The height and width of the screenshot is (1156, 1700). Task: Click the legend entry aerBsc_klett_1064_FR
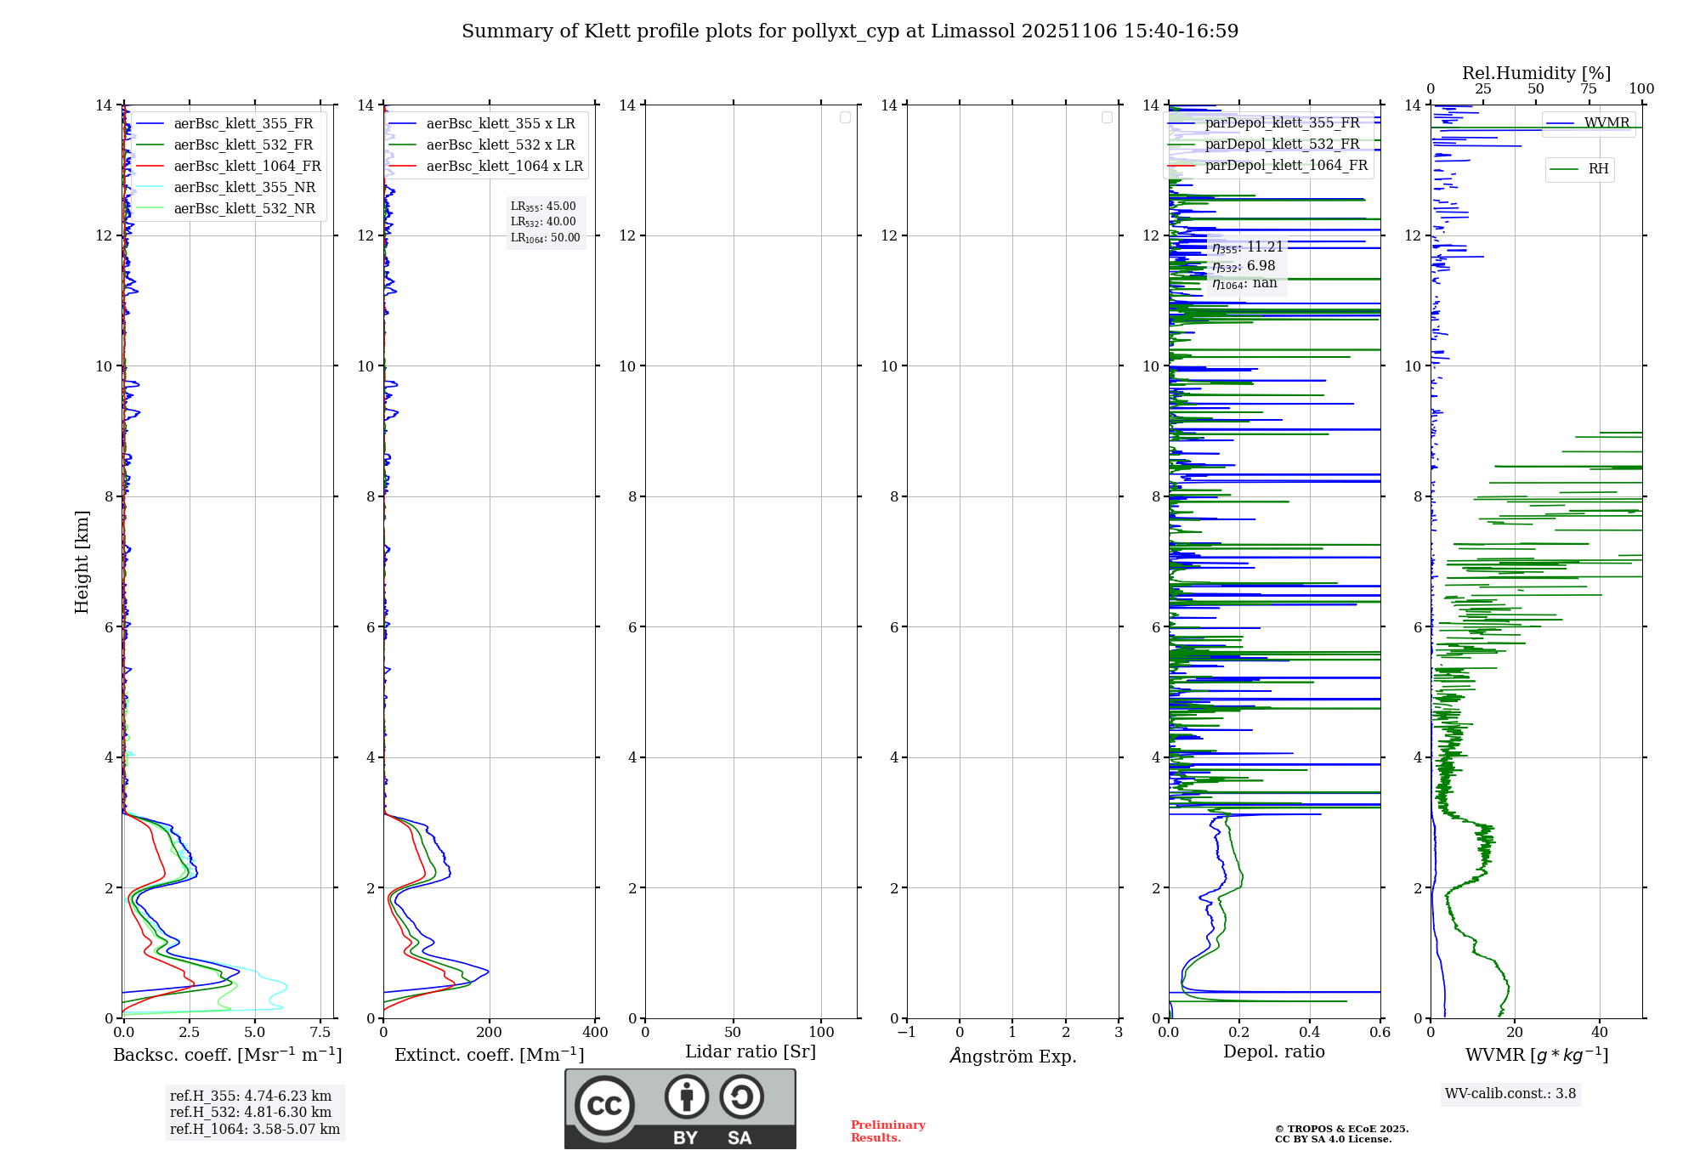247,167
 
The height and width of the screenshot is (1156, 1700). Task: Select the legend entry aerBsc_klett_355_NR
244,188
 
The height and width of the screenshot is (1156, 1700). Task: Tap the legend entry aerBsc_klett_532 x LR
500,145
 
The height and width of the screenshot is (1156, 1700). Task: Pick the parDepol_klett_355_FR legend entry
1282,123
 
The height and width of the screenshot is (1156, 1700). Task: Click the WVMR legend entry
1606,123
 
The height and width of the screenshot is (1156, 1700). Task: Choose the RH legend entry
1598,169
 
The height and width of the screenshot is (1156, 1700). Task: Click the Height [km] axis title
82,562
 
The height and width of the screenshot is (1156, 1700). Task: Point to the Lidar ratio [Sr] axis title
751,1052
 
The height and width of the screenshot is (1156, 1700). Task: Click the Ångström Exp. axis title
1013,1057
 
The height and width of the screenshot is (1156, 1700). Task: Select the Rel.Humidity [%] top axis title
1536,73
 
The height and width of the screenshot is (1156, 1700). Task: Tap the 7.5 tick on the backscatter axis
320,1033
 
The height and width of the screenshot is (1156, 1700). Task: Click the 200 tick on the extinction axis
490,1033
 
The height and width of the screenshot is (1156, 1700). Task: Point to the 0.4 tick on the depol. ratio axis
1310,1033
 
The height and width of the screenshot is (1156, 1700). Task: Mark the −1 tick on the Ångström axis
907,1033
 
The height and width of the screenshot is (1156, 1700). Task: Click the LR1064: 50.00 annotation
545,238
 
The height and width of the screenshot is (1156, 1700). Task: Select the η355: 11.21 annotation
1247,247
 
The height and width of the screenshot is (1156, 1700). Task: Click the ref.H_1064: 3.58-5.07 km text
254,1130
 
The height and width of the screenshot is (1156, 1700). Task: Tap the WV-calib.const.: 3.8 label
1510,1094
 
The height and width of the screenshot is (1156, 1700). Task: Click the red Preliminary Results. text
887,1131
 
